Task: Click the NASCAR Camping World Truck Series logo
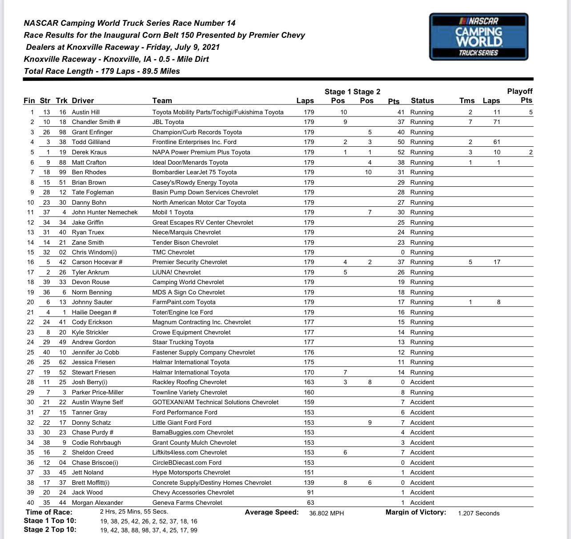[x=479, y=36]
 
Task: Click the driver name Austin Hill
[x=86, y=112]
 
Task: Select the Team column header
[x=162, y=101]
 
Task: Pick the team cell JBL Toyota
[x=168, y=122]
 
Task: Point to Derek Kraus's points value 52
[x=401, y=152]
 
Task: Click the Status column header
[x=422, y=101]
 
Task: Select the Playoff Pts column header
[x=519, y=96]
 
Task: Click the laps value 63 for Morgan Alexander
[x=310, y=503]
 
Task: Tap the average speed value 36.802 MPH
[x=326, y=513]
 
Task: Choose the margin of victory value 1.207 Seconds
[x=479, y=513]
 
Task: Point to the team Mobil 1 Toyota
[x=173, y=212]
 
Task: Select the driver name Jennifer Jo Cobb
[x=96, y=352]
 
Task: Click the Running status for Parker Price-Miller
[x=422, y=392]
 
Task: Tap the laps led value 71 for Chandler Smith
[x=496, y=122]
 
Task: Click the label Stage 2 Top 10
[x=50, y=529]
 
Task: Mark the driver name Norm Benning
[x=92, y=292]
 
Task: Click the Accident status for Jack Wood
[x=422, y=492]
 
